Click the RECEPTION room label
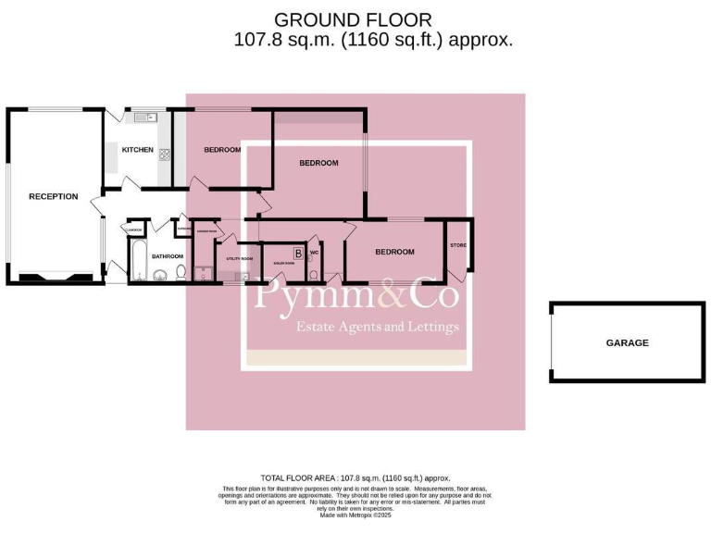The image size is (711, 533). pos(53,196)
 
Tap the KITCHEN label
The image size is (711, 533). pos(138,150)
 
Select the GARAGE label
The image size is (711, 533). pos(627,342)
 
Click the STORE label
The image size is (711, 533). pos(457,245)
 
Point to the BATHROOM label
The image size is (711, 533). pos(168,256)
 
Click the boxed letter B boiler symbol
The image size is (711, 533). pos(298,253)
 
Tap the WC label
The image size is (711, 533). pos(315,252)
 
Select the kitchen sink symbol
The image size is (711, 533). pos(143,118)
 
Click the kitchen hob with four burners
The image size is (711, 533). pos(165,155)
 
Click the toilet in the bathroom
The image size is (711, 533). pos(181,272)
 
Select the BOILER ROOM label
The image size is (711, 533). pos(282,264)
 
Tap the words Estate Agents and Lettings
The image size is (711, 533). pos(376,327)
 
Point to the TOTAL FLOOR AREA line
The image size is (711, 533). pos(355,477)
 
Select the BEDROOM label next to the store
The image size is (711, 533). pos(393,252)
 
